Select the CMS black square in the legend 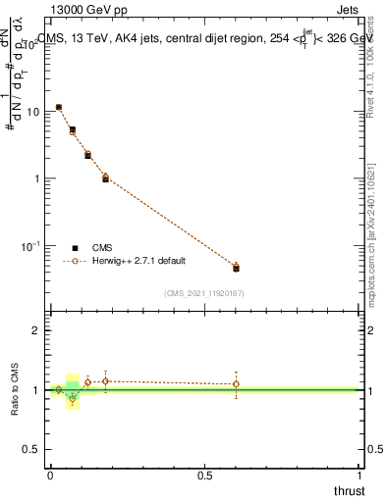point(76,248)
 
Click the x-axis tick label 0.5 point(204,476)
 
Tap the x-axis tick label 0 point(50,476)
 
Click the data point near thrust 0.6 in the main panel point(236,268)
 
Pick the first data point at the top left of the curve point(59,107)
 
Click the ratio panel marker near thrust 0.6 point(236,384)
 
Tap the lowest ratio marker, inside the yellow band point(73,399)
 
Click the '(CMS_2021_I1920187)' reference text point(204,292)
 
